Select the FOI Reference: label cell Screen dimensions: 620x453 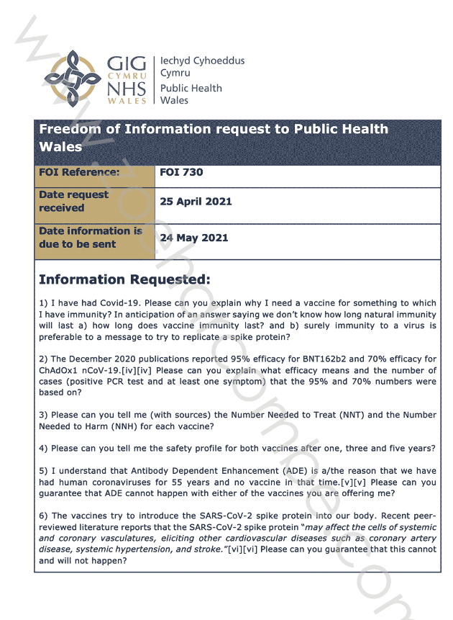coord(79,173)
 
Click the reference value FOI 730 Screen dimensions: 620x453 coord(181,173)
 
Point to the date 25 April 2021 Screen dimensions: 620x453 coord(196,202)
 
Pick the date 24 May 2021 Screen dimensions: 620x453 coord(193,238)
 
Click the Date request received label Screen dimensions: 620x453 coord(73,202)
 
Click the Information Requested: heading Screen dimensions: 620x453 coord(124,279)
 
